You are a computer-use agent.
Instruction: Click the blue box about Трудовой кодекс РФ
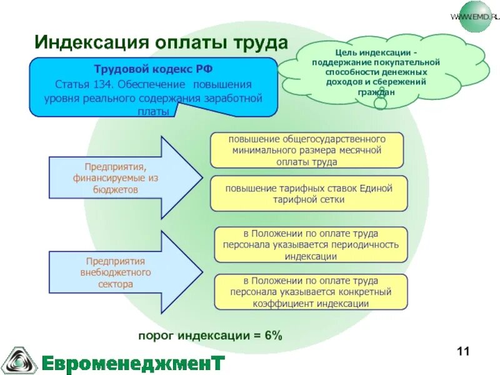click(152, 87)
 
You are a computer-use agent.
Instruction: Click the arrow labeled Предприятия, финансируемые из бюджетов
click(125, 178)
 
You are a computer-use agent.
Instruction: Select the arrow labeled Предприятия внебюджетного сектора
click(125, 272)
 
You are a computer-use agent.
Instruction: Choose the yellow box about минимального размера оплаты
click(306, 150)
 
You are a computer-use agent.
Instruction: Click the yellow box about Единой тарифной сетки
click(309, 193)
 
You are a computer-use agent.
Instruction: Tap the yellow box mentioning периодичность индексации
click(311, 245)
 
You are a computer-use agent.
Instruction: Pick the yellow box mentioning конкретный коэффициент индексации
click(311, 292)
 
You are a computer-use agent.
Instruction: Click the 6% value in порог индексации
click(273, 336)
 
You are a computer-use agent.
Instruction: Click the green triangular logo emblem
click(19, 359)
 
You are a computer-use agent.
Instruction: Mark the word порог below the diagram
click(156, 336)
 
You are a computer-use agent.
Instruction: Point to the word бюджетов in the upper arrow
click(116, 190)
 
